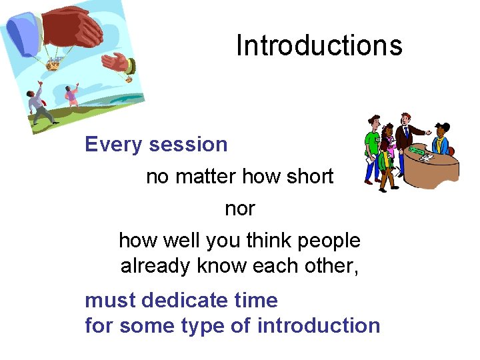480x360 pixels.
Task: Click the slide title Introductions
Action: [319, 45]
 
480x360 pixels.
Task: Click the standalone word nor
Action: [239, 209]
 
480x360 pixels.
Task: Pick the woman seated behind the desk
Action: [441, 139]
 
